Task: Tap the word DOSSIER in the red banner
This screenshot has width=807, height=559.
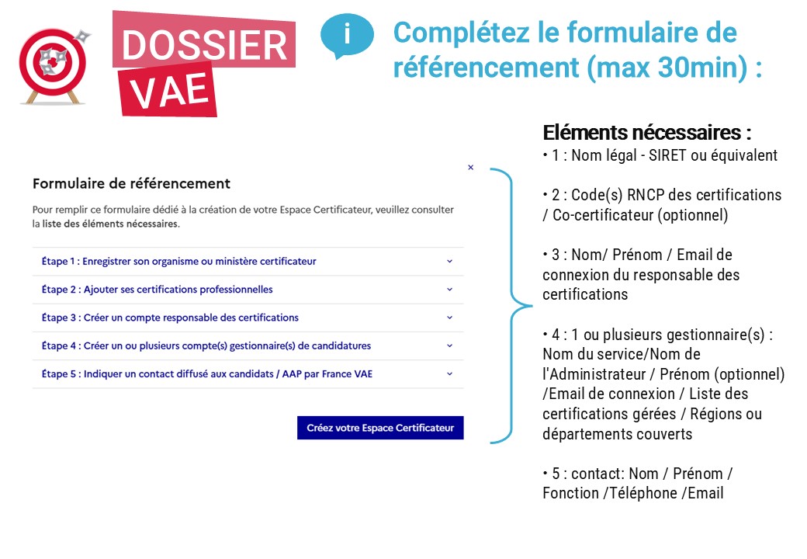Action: click(204, 45)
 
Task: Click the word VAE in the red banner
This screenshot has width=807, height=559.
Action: click(169, 92)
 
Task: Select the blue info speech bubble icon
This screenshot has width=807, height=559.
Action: click(346, 35)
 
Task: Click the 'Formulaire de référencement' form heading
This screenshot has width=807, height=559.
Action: click(131, 184)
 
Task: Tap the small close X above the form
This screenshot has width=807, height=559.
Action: click(470, 167)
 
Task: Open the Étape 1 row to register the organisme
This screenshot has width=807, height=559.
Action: click(179, 262)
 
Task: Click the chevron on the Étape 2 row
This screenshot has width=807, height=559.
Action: click(449, 290)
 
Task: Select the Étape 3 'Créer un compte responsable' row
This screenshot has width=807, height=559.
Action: click(170, 318)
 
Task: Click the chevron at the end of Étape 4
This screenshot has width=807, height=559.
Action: click(449, 345)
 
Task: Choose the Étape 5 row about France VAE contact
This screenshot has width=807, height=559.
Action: click(207, 374)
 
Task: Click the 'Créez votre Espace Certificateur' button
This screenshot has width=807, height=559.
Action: click(380, 428)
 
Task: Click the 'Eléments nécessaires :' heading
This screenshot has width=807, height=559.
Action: click(646, 133)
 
